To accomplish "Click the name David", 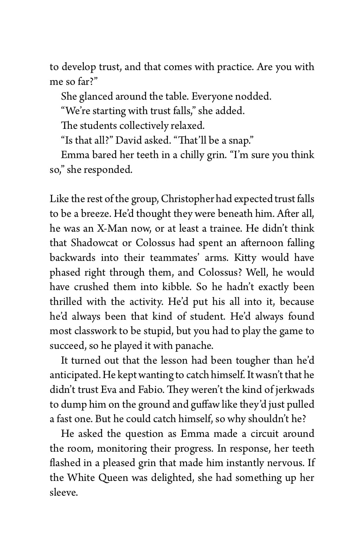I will click(129, 140).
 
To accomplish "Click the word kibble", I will click(177, 287).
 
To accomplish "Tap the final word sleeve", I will click(63, 492).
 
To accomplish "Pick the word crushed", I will click(91, 287).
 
